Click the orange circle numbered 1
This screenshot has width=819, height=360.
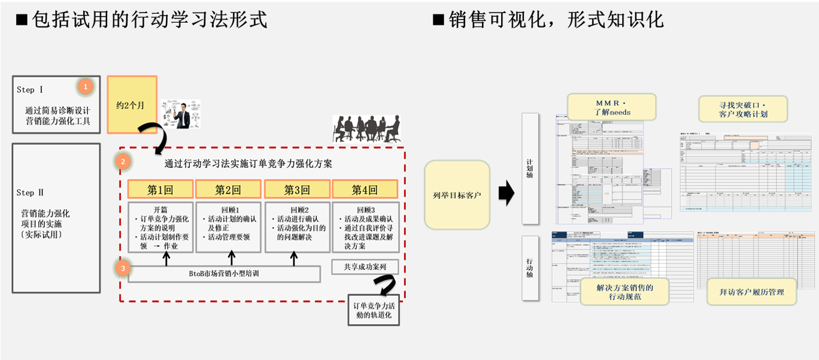(x=86, y=87)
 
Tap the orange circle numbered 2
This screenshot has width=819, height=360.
(x=123, y=161)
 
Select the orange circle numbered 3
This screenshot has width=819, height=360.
(x=123, y=268)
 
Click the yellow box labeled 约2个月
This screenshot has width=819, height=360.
(x=132, y=104)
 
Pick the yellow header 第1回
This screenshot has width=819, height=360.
(x=160, y=190)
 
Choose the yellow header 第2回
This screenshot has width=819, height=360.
(x=228, y=190)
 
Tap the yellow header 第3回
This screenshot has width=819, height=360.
(x=297, y=190)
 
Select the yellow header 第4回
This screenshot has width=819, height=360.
(x=365, y=190)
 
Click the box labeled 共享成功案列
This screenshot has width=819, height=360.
(x=365, y=267)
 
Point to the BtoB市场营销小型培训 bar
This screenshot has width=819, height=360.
(x=225, y=274)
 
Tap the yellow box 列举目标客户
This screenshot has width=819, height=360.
(x=457, y=195)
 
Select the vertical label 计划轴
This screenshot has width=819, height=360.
(x=530, y=169)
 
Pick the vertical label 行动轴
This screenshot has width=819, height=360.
(x=530, y=268)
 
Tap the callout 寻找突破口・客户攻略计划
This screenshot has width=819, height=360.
(x=743, y=109)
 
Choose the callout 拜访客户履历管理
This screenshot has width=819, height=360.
(x=751, y=292)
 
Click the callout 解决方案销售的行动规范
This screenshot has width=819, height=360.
(x=624, y=292)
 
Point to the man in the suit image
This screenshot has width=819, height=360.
(x=181, y=114)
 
